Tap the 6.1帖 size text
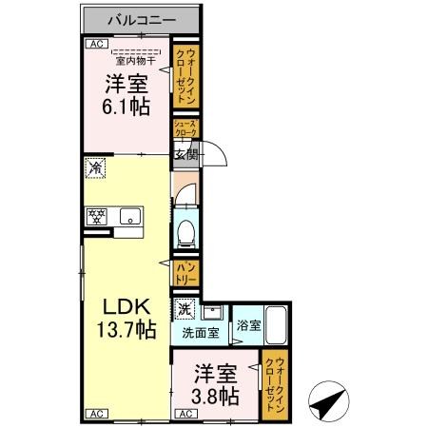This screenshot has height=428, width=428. coord(126,106)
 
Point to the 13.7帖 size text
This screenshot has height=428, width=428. coord(126,331)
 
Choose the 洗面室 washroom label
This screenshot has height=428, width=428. coord(201,334)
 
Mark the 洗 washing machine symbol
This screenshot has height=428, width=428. coord(185,308)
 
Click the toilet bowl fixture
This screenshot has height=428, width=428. coord(187,231)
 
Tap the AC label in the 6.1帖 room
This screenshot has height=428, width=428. coord(96,44)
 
